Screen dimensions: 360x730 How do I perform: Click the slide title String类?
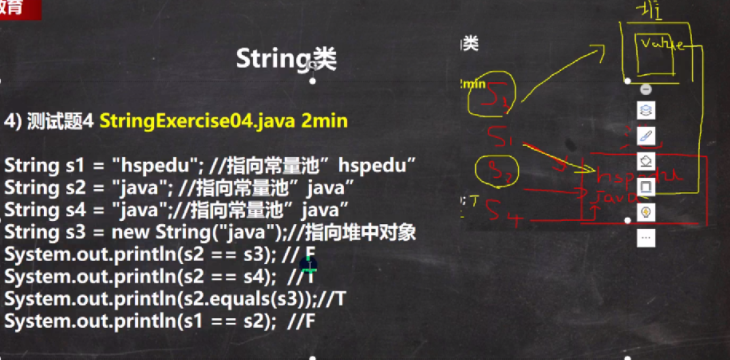(286, 59)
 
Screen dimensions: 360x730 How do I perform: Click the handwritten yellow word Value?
(660, 45)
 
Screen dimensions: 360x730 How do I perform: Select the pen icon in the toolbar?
(646, 136)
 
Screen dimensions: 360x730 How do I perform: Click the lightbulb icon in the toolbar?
(646, 212)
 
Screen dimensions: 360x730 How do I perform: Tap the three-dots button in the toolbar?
(646, 237)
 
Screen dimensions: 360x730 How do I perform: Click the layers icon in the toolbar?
(646, 111)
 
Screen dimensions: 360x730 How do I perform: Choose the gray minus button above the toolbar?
(646, 89)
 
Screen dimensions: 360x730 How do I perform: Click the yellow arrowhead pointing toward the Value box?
(600, 48)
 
